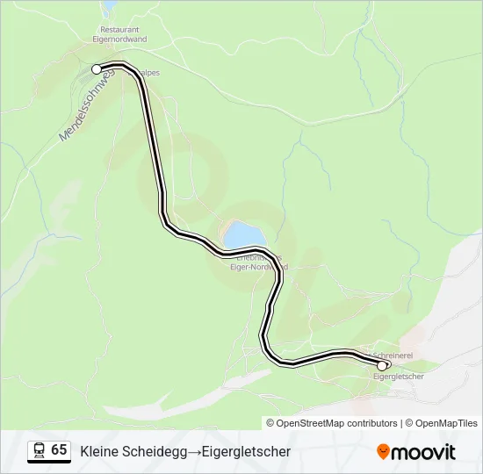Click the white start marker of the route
coord(97,68)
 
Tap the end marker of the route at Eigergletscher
coord(382,366)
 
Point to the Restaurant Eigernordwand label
coord(124,34)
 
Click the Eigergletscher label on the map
coord(399,377)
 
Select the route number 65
coord(59,449)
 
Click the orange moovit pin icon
coord(383,452)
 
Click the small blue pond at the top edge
coord(109,6)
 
